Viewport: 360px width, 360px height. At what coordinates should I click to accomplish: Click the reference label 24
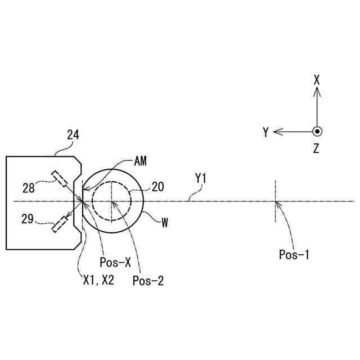pos(73,135)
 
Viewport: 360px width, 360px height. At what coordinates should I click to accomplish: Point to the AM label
pos(141,161)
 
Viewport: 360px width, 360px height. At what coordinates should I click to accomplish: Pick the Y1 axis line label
pos(201,179)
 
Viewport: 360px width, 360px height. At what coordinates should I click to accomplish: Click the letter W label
pos(165,223)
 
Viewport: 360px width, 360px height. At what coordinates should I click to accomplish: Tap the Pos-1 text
pos(294,254)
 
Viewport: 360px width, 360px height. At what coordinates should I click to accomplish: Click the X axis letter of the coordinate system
pos(317,80)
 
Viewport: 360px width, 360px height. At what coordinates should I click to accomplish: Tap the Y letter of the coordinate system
pos(265,132)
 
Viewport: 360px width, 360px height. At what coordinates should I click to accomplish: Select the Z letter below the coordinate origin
pos(317,149)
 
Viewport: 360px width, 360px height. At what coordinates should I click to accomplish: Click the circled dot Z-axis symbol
pos(317,132)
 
